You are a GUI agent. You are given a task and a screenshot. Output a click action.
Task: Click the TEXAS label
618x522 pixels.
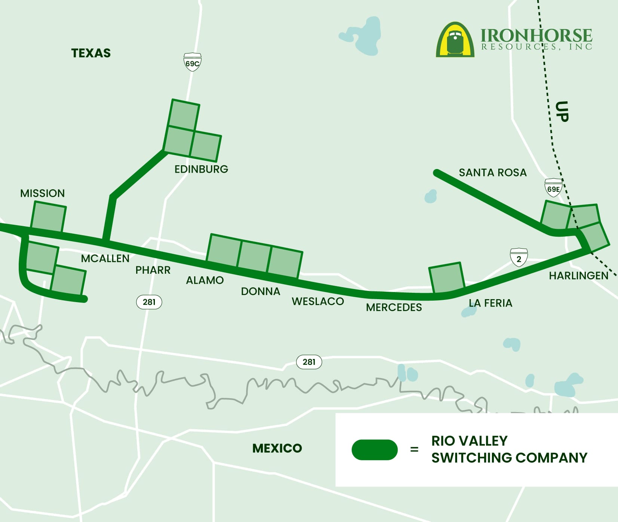91,53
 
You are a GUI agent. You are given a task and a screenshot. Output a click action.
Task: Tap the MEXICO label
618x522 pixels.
277,448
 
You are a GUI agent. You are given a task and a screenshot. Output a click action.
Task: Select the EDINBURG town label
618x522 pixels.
201,169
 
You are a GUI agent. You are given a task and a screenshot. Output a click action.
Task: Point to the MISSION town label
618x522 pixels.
42,193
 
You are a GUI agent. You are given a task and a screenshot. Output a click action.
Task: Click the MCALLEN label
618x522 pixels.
105,258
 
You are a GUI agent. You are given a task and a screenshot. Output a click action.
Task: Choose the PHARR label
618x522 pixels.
153,270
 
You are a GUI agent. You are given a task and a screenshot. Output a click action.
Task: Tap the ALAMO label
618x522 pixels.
205,280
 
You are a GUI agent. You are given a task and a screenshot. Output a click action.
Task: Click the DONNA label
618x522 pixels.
260,291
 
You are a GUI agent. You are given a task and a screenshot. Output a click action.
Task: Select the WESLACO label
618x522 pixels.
318,301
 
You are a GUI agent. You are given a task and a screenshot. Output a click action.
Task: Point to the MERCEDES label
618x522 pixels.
394,307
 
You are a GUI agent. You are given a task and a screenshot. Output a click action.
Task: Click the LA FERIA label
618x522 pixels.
490,303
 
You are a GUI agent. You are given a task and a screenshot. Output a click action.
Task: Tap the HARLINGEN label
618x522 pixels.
578,276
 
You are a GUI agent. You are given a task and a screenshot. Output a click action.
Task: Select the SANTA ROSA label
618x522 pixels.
493,172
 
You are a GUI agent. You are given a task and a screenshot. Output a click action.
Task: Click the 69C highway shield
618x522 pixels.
192,62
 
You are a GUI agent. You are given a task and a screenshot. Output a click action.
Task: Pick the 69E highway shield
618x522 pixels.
553,188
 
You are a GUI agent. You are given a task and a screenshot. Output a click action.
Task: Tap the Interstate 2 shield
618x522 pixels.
518,258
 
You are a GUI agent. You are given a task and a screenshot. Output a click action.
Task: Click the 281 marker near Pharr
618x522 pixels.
149,302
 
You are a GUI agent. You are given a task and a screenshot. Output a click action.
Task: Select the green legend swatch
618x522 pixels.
374,450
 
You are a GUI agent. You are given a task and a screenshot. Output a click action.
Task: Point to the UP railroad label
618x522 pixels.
562,111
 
